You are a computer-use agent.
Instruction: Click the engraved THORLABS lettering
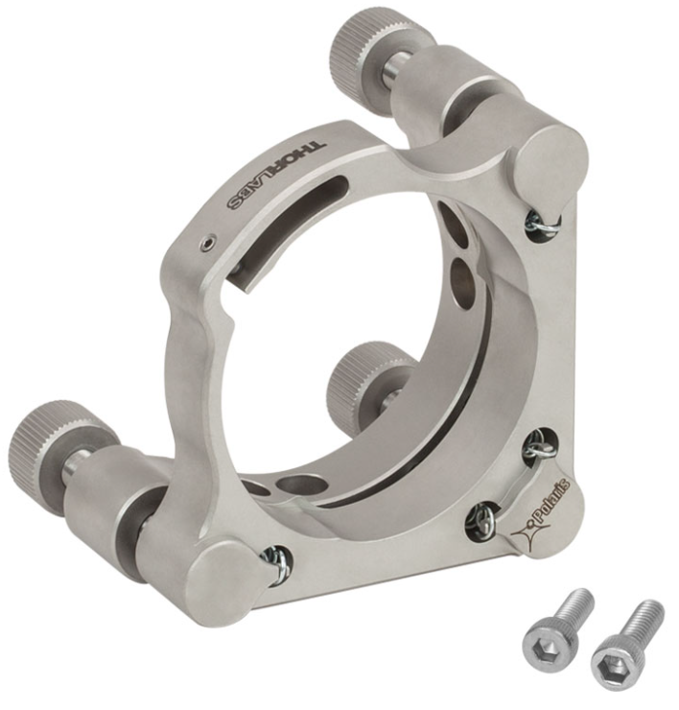coord(277,176)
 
